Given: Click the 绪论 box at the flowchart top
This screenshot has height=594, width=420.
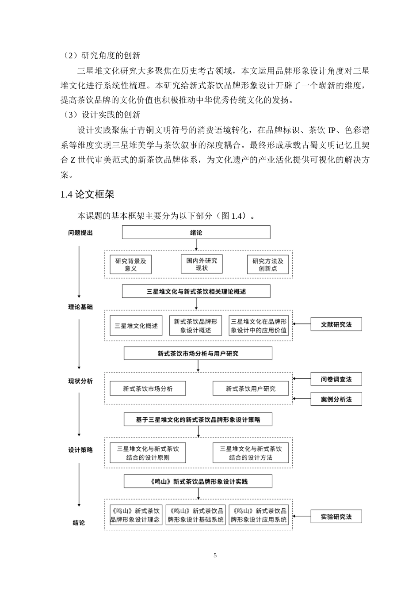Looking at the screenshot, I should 196,232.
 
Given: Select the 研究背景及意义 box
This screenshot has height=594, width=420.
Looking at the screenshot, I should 130,264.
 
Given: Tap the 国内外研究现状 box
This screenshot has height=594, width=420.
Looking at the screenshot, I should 202,264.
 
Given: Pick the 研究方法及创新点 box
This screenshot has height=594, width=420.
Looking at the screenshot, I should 267,264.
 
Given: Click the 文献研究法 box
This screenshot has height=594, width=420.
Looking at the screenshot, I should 336,324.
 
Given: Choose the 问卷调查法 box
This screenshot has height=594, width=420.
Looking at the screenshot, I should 336,379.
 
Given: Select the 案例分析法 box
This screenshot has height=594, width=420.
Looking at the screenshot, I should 336,399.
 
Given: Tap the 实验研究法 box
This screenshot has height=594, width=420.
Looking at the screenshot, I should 336,517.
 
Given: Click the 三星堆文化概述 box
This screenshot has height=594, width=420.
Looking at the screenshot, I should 136,326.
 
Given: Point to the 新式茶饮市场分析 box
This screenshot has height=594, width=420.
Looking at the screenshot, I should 148,388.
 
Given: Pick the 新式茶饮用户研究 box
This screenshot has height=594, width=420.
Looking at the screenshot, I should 250,388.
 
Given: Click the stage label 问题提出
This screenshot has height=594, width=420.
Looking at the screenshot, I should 80,233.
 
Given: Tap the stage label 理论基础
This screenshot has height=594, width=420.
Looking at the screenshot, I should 80,307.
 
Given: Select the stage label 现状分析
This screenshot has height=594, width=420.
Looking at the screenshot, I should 80,381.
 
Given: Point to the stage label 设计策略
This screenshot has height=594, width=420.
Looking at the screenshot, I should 80,450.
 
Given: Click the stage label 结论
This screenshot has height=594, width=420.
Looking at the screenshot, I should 79,523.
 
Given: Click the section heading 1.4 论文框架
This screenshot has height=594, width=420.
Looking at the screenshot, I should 88,194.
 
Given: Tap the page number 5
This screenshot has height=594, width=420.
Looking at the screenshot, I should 215,556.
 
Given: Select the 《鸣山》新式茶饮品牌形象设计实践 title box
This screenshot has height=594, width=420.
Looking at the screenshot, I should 198,482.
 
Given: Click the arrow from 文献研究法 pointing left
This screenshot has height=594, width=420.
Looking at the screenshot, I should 302,324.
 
